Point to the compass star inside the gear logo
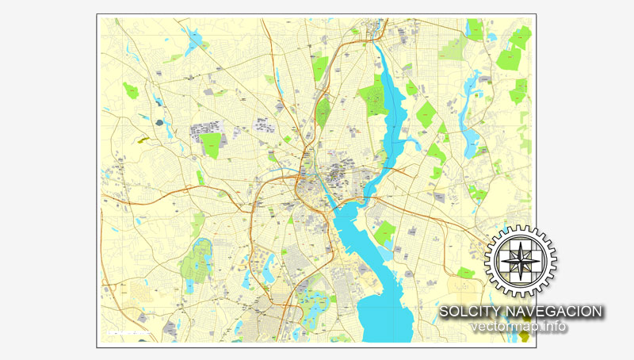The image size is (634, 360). tap(521, 260)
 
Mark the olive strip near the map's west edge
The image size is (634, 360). tap(143, 140)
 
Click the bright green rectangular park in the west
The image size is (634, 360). tap(211, 145)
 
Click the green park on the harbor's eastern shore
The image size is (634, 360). tap(385, 233)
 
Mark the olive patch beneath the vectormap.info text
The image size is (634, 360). tap(526, 337)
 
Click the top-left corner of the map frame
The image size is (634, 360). tap(97, 15)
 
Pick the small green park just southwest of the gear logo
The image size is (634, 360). tap(465, 272)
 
